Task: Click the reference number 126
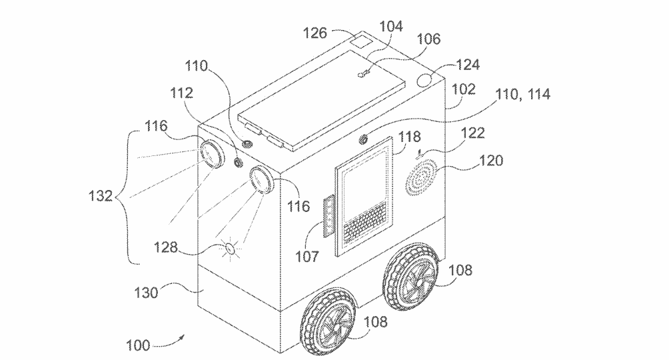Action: (315, 33)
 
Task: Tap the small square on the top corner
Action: (361, 42)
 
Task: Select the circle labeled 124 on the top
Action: (424, 79)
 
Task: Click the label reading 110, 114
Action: (522, 94)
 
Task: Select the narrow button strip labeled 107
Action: (328, 215)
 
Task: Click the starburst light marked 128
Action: (230, 248)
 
